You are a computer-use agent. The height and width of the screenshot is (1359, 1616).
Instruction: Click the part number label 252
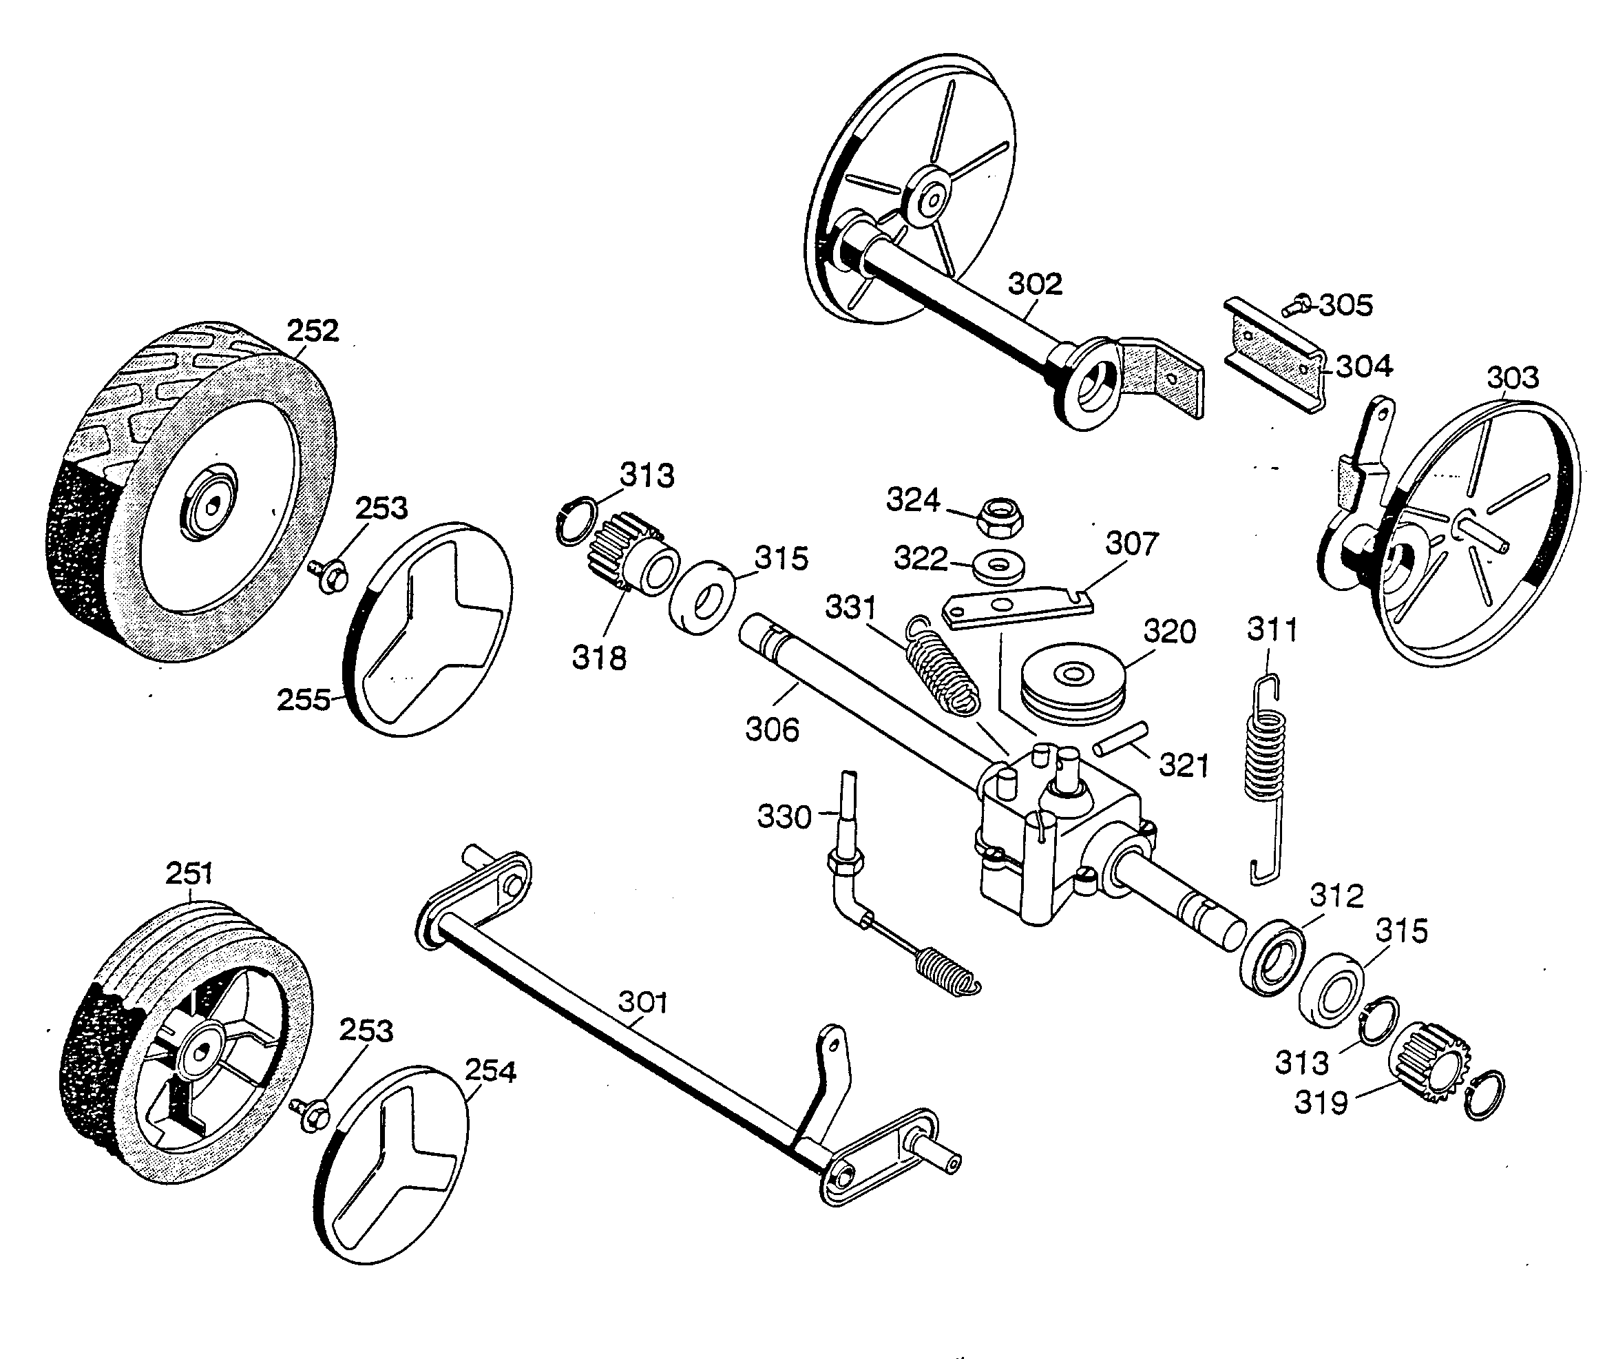coord(313,331)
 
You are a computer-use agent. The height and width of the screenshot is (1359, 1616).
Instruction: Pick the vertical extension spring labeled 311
coord(1266,778)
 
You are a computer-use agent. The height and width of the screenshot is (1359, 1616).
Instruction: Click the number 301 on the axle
coord(643,1002)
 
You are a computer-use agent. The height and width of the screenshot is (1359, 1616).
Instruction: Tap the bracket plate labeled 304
coord(1274,356)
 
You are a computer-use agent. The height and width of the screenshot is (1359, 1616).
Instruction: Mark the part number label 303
coord(1512,378)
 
